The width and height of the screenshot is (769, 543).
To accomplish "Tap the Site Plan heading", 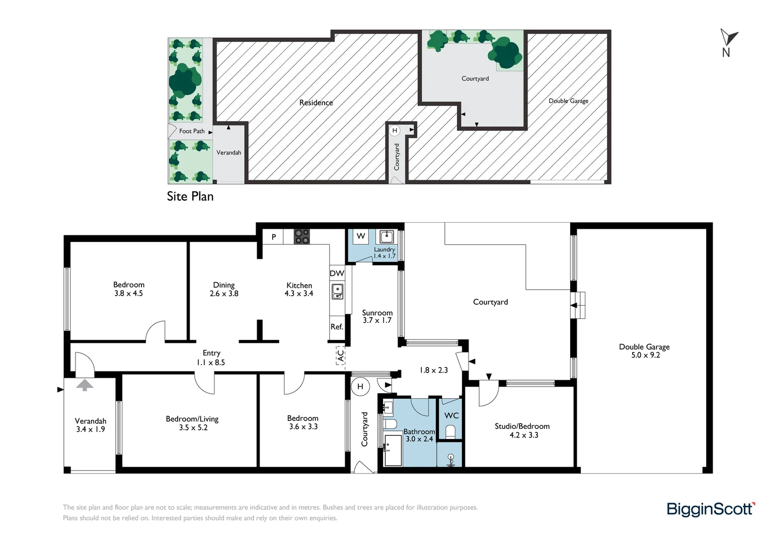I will click(190, 197).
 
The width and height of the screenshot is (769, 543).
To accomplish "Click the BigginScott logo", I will click(710, 509).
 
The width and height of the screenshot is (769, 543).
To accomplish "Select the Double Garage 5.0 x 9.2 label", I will click(644, 351).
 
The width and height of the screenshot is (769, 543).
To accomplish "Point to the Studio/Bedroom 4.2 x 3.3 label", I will click(522, 430).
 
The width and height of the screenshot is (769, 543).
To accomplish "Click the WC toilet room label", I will click(451, 415).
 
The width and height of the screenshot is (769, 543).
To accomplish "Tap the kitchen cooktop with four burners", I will click(301, 236).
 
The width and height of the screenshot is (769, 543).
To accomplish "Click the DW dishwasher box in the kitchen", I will click(337, 274).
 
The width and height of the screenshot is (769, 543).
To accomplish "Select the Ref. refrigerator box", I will click(337, 327).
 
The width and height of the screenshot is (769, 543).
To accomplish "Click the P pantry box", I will click(274, 237).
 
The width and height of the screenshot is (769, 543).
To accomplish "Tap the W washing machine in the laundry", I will click(361, 236).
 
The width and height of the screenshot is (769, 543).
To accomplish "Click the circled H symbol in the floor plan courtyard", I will click(360, 387).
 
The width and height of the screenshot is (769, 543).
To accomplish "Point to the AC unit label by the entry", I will click(341, 355).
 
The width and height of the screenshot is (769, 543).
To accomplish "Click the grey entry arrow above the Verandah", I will click(85, 385).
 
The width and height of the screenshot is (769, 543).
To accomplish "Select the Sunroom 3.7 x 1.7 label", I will click(377, 316).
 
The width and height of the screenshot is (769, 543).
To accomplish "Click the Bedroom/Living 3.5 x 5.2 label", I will click(192, 423).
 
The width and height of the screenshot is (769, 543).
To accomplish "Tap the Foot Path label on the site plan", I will click(192, 131).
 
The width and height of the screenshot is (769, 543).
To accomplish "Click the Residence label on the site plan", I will click(316, 103).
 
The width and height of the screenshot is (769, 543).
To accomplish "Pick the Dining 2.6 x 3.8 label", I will click(224, 289).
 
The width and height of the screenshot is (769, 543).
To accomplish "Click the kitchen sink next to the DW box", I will click(337, 291).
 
